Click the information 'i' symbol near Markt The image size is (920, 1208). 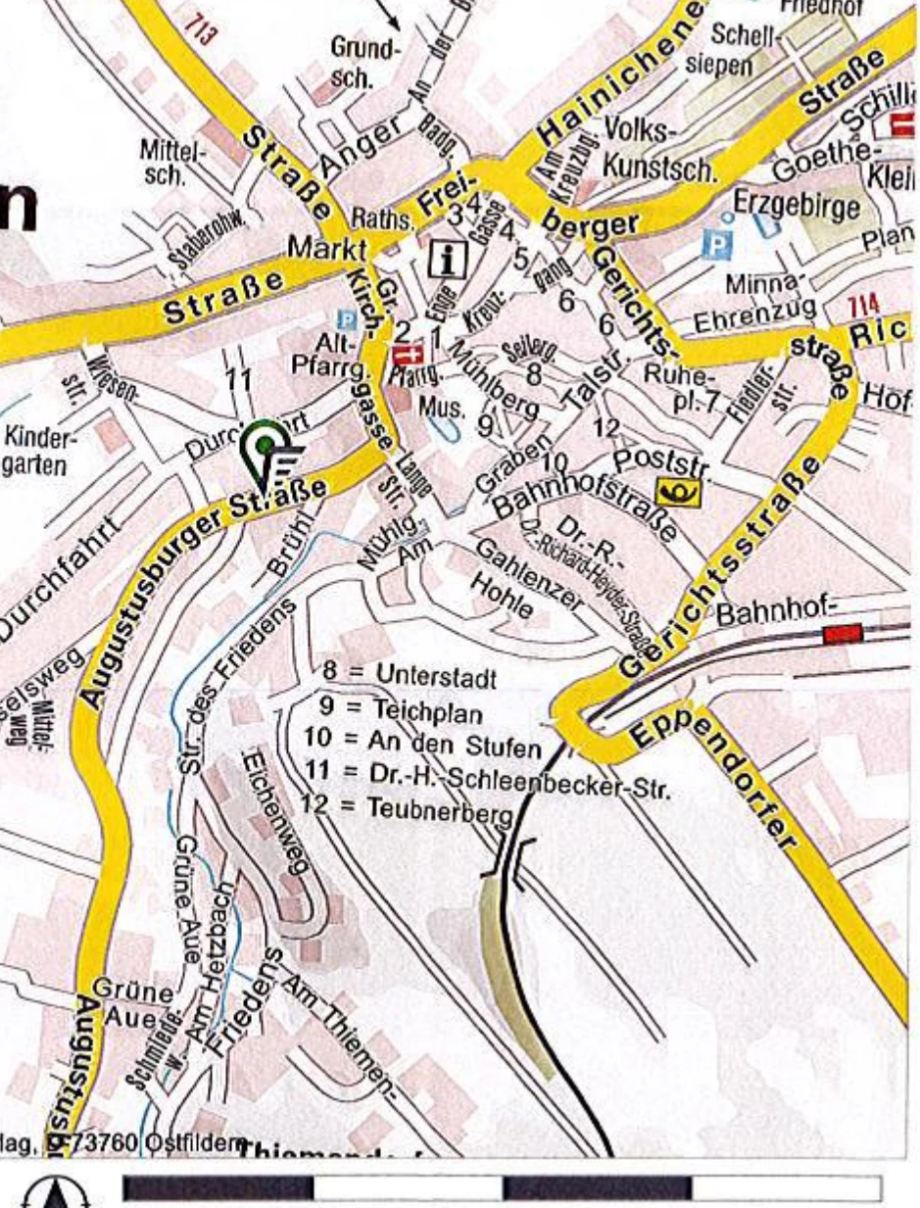click(x=449, y=261)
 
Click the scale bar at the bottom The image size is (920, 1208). click(x=503, y=1188)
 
